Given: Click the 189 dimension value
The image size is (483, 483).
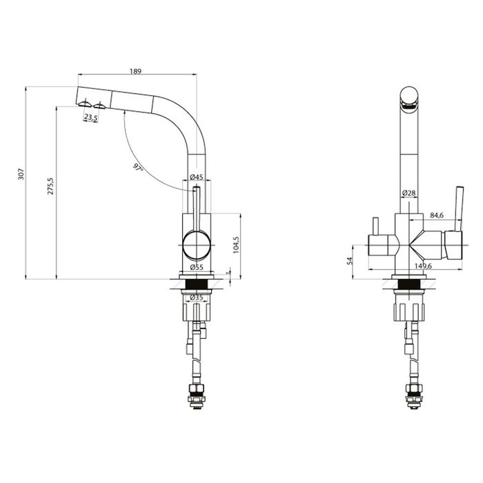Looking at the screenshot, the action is click(x=135, y=71).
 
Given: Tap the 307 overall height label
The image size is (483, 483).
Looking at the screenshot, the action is click(x=21, y=174).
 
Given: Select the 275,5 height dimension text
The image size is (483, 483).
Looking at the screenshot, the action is click(x=50, y=186).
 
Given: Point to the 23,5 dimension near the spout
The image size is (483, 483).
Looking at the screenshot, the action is click(x=91, y=117).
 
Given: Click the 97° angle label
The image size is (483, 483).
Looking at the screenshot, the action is click(x=138, y=168).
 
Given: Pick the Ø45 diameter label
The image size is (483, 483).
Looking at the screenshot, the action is click(x=197, y=177).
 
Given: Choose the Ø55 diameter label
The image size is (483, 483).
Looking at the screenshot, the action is click(x=197, y=267).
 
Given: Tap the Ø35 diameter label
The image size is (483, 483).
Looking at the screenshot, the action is click(x=197, y=297).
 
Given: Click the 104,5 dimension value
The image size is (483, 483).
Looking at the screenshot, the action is click(x=236, y=245).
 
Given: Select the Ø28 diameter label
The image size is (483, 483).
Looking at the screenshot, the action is click(x=408, y=193).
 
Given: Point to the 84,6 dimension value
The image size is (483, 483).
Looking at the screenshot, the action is click(x=437, y=215).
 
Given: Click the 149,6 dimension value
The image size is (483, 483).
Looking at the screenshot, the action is click(x=423, y=266).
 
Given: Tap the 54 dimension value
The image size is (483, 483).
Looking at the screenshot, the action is click(x=349, y=261).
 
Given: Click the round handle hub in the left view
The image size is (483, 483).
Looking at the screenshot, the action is click(x=197, y=245).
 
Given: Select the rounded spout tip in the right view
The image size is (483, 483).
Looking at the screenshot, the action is click(x=409, y=98).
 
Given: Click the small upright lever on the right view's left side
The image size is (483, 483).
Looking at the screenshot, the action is click(x=375, y=226).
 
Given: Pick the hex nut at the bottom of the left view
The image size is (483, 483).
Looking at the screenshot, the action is click(x=196, y=388).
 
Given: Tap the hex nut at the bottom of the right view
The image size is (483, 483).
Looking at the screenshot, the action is click(x=414, y=388).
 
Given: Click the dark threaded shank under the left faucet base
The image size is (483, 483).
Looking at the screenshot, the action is click(x=197, y=284).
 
